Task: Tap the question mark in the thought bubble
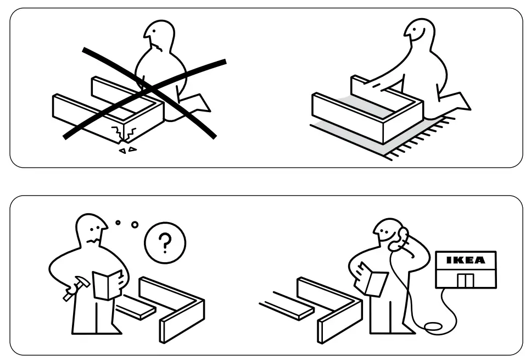(x=165, y=241)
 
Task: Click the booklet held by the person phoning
(x=373, y=278)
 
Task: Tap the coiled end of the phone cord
(x=434, y=327)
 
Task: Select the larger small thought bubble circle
(x=135, y=225)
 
